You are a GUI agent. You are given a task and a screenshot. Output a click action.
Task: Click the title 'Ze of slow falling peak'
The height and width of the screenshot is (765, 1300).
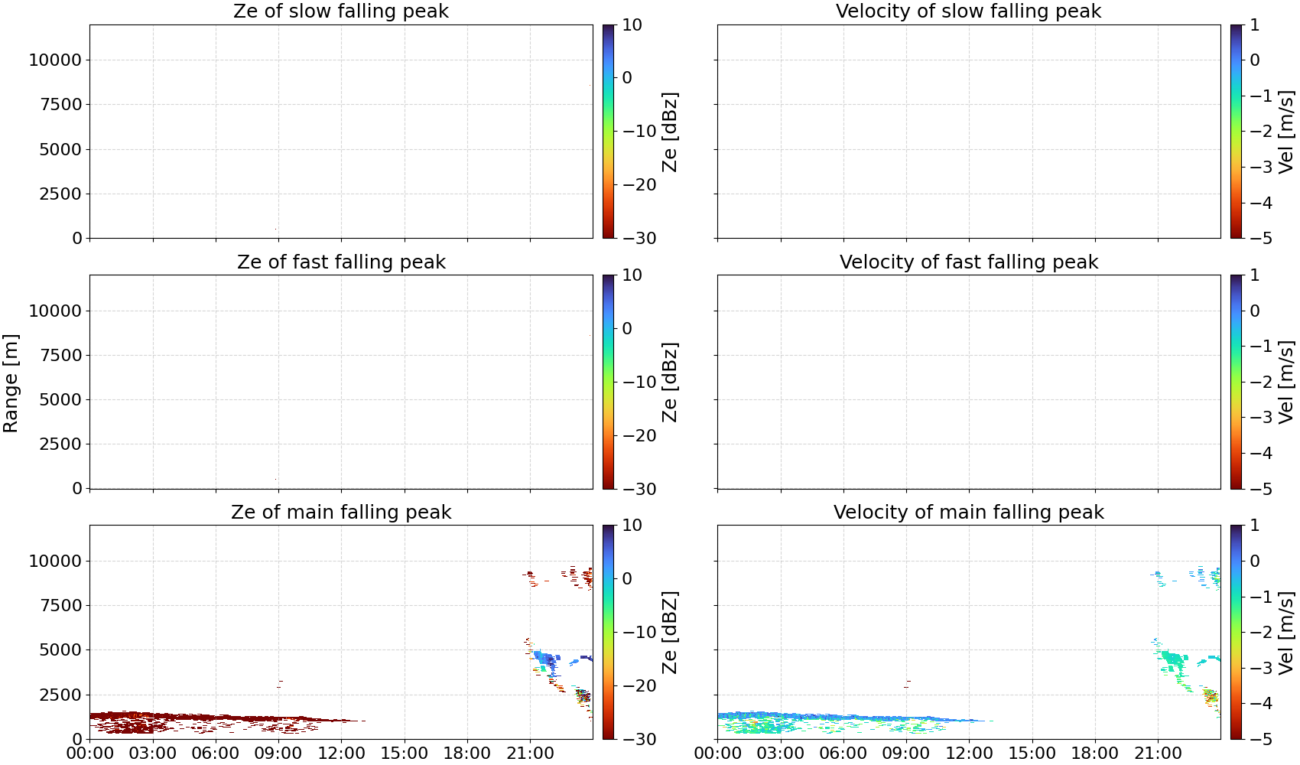coord(340,11)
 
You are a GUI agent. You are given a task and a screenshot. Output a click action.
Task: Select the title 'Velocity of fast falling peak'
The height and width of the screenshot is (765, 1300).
coord(969,262)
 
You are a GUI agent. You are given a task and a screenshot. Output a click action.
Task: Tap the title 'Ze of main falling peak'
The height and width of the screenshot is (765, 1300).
coord(340,512)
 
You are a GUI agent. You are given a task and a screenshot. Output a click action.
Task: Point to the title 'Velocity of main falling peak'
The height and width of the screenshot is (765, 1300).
coord(969,512)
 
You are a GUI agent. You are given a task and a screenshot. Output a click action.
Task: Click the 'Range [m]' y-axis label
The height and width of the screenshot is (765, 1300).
coord(11,383)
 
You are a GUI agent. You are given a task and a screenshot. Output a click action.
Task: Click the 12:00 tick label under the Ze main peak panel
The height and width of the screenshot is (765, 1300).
coord(341,754)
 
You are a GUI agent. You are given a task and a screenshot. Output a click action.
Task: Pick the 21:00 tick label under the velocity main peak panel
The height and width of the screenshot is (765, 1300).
coord(1158,754)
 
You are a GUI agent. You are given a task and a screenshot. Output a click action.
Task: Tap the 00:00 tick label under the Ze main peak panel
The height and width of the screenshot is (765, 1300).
coord(90,754)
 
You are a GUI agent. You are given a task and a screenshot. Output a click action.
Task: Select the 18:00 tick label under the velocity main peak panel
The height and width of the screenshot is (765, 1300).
coord(1095,754)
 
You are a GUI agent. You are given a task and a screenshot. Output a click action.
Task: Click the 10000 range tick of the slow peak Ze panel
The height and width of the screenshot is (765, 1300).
coord(55,60)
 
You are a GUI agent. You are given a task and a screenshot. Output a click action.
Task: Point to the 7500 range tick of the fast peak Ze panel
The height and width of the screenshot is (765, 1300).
coord(60,355)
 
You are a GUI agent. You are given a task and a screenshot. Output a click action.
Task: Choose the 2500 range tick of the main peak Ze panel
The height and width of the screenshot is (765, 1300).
coord(60,695)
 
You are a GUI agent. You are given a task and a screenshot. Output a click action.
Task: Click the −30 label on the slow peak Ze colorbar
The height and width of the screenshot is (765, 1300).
coord(639,239)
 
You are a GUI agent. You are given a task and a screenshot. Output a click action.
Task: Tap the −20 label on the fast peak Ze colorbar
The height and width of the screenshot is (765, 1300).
coord(639,435)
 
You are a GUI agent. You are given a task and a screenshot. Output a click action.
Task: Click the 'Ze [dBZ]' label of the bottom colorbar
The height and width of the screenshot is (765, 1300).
coord(669,632)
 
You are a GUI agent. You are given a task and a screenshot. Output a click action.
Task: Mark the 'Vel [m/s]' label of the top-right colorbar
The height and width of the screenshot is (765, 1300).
coord(1286,132)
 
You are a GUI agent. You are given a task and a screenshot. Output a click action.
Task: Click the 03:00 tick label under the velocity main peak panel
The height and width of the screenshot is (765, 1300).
coord(781,754)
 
